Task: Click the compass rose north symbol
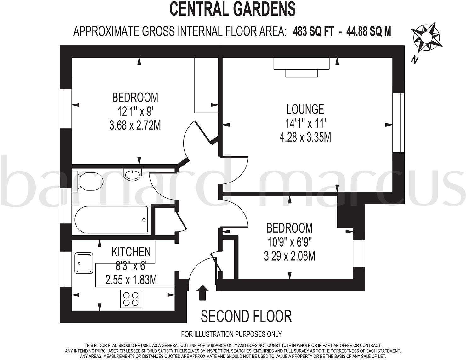coord(426,38)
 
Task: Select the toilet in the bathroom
coord(88,182)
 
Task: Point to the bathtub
coord(111,220)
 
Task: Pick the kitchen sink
coord(84,263)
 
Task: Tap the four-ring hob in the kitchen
coord(131,299)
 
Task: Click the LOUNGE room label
coord(305,109)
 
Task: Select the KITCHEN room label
coord(131,252)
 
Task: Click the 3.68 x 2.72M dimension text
coord(135,126)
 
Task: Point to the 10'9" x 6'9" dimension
coord(290,242)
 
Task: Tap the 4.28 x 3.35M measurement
coord(305,137)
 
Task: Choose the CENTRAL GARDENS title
coord(233,9)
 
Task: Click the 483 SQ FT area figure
coord(313,31)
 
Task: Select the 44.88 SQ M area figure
coord(368,31)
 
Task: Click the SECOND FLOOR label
coord(246,316)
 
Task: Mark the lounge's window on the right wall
coord(398,123)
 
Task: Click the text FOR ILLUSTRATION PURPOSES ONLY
coord(231,334)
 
